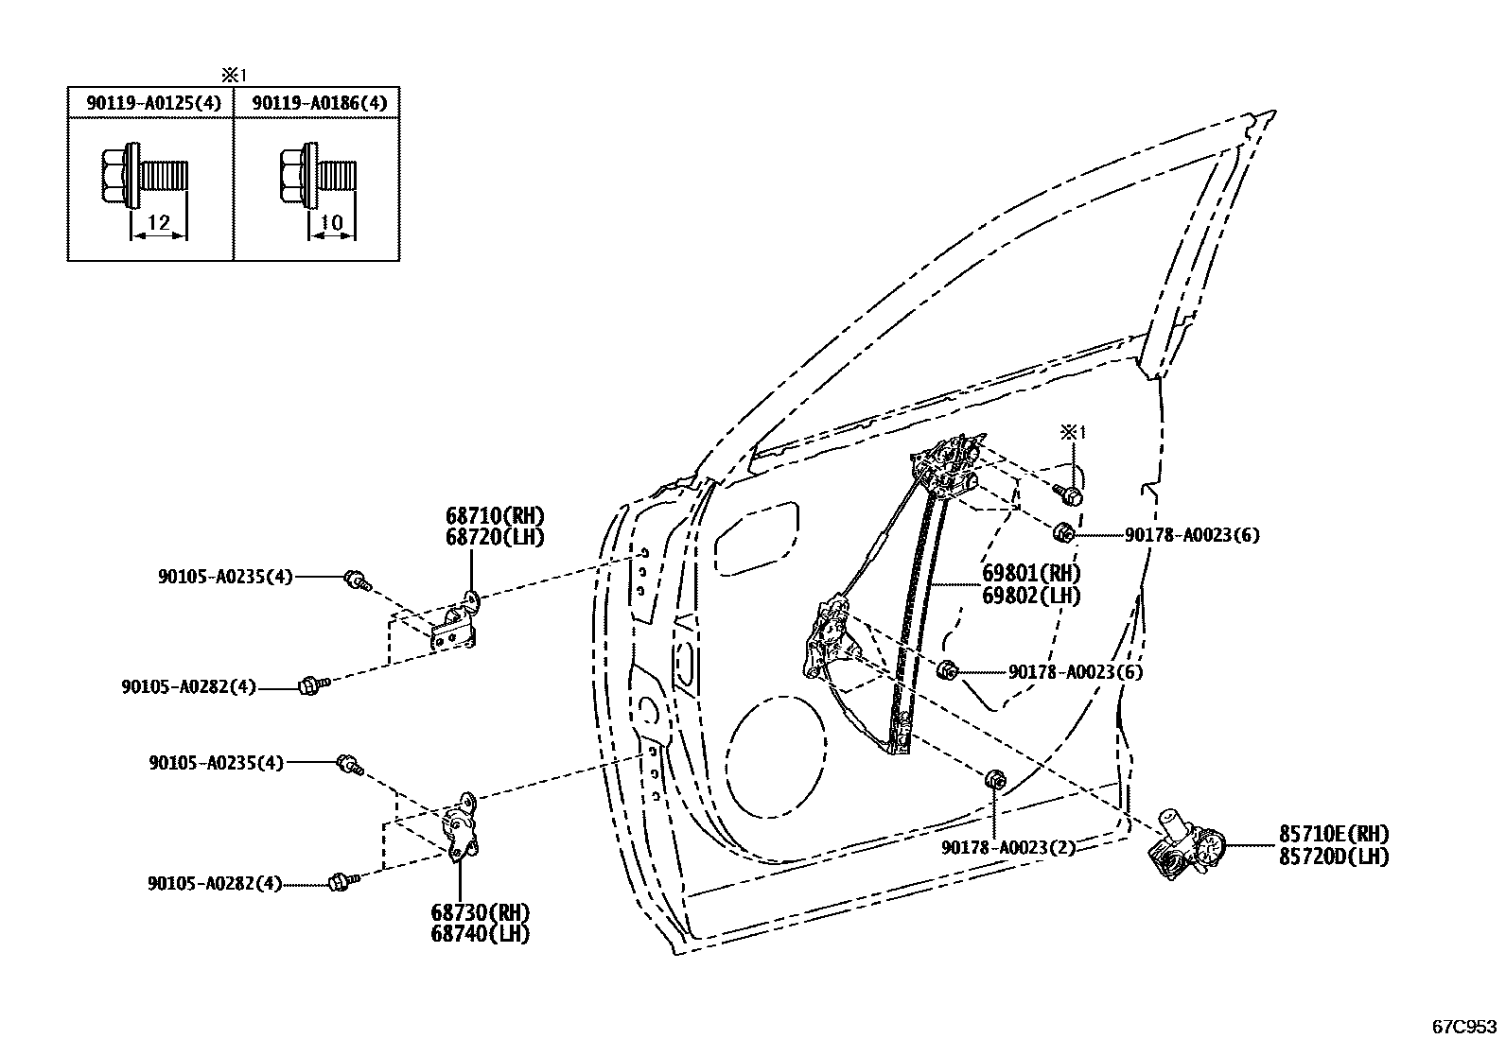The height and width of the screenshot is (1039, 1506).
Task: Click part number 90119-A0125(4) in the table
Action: click(152, 103)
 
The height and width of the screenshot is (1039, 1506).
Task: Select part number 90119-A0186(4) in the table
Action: click(320, 103)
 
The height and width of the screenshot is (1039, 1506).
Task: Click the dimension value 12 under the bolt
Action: click(159, 223)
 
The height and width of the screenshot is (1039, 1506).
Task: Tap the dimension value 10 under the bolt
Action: click(331, 223)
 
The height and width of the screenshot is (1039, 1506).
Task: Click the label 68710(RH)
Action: click(496, 516)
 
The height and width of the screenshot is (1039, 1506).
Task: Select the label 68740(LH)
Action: click(480, 933)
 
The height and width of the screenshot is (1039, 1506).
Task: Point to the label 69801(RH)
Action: click(1030, 574)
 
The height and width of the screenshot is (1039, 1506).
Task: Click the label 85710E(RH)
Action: click(1334, 835)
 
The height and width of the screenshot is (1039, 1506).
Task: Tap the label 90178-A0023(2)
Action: click(1007, 848)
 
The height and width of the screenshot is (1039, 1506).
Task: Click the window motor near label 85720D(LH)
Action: click(1182, 844)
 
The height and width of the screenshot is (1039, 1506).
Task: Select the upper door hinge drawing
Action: click(458, 624)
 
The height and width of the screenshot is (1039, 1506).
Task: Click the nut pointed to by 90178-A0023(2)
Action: click(994, 780)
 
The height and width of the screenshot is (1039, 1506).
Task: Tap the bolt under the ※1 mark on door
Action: click(1070, 494)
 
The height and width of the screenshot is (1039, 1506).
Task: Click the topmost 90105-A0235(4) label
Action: click(225, 576)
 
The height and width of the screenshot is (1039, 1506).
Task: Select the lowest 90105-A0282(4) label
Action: click(215, 883)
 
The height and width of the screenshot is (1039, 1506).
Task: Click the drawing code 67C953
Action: click(1463, 1025)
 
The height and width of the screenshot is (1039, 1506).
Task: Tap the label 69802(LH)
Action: click(1030, 596)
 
